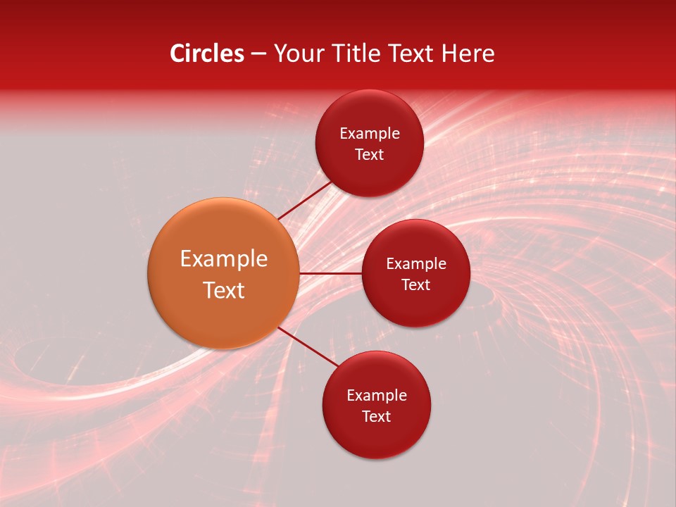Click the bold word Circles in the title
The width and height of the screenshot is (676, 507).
point(206,54)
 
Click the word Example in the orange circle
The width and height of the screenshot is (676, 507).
point(224,259)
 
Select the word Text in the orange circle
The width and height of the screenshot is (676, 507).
point(224,290)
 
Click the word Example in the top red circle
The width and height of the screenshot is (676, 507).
point(370,134)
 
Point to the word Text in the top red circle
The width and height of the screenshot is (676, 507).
point(370,154)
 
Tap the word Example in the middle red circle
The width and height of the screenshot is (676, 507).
point(416,264)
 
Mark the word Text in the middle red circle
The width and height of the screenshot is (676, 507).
point(416,285)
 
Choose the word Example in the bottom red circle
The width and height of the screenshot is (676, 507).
point(377,396)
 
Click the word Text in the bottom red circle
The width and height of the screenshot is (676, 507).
point(377,416)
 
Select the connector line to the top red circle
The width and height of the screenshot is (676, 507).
point(305,200)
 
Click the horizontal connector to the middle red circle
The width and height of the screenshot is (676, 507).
point(330,273)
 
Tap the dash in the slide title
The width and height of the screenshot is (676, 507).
point(258,54)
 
